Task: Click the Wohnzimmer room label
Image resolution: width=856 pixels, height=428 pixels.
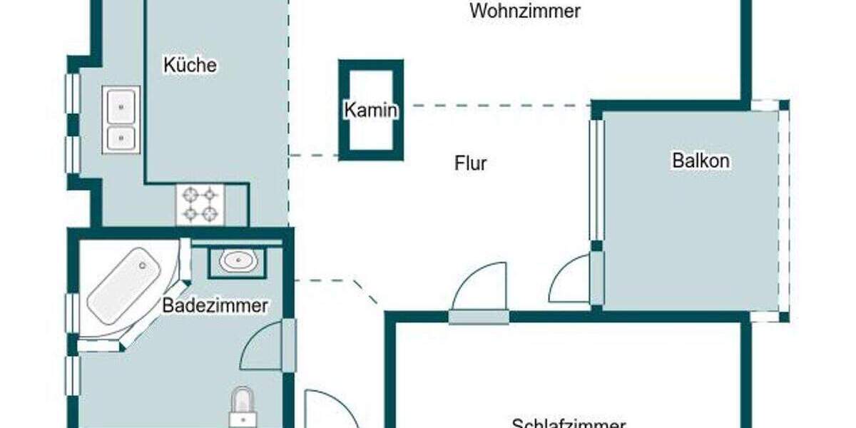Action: coord(525,11)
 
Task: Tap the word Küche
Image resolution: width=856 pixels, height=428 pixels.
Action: coord(190,65)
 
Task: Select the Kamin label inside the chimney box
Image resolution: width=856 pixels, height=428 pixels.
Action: coord(370,111)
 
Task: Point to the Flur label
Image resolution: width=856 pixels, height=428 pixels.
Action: coord(471,163)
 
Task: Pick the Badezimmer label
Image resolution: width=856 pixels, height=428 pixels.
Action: coord(215,306)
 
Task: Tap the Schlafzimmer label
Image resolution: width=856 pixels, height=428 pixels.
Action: coord(568,423)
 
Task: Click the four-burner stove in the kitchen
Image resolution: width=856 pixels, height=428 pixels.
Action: coord(200,203)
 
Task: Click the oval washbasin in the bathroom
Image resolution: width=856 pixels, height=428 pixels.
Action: coord(238,262)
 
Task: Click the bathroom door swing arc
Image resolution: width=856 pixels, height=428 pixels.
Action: coord(263,346)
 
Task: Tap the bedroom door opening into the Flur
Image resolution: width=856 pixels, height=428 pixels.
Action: coord(479,289)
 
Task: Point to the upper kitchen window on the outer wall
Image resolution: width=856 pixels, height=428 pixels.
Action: coord(72,93)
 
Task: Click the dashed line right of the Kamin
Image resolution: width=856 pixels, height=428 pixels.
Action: coord(499,106)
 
